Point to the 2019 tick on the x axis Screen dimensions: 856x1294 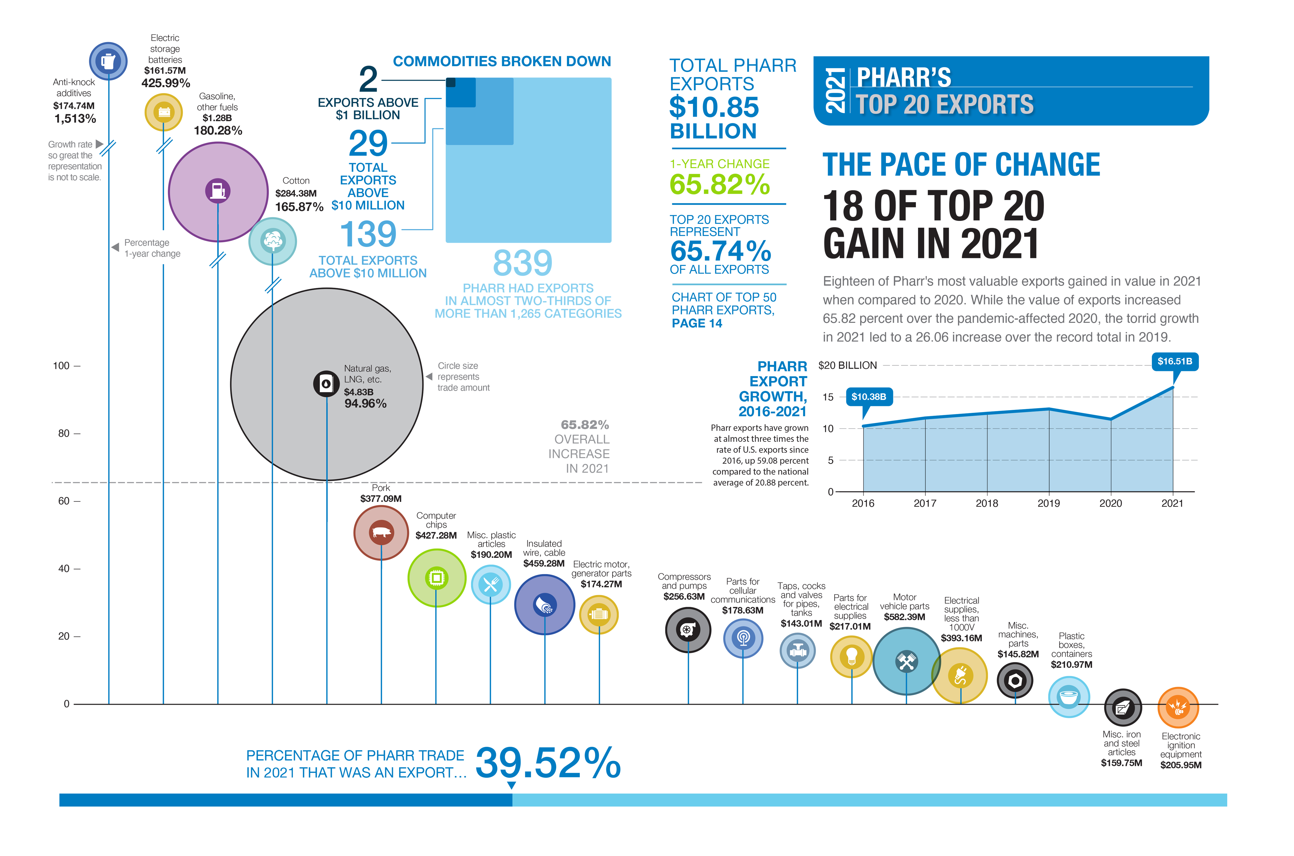[1048, 503]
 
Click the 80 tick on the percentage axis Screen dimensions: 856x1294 [64, 433]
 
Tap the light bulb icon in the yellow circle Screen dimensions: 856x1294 [851, 656]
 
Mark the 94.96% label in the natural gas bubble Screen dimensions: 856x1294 [365, 404]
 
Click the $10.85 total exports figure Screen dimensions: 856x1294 [714, 107]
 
